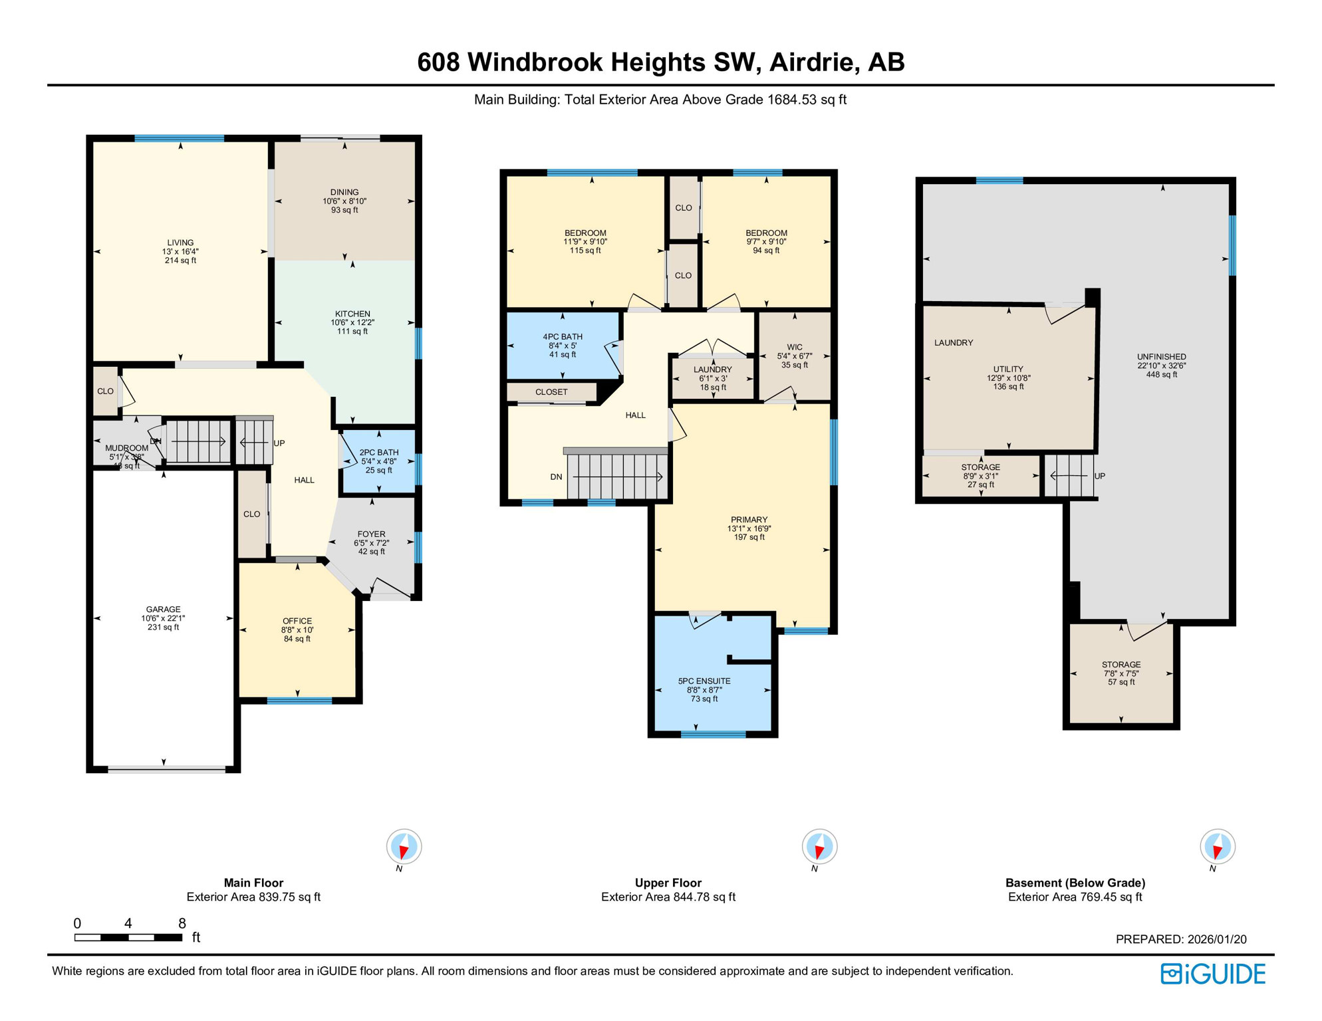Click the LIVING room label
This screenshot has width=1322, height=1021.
click(180, 251)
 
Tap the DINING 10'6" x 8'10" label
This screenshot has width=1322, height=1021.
click(344, 201)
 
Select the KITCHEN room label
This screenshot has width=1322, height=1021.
click(352, 322)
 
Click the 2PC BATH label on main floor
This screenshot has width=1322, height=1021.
click(379, 461)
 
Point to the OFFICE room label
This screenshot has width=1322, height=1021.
click(297, 629)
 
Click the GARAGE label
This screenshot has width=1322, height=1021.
click(163, 618)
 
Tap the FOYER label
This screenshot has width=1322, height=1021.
click(371, 542)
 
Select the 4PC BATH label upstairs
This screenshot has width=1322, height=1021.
click(563, 346)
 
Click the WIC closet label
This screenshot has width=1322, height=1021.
click(795, 356)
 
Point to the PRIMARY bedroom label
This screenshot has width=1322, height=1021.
click(749, 528)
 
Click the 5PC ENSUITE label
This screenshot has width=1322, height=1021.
click(704, 689)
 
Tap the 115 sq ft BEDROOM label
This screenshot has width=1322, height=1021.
click(585, 241)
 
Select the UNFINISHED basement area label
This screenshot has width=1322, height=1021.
click(1161, 365)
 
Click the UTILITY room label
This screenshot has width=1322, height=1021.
click(1008, 378)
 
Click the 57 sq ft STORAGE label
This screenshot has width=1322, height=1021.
click(1121, 673)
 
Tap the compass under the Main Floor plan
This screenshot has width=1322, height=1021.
click(404, 847)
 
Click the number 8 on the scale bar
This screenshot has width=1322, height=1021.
click(182, 923)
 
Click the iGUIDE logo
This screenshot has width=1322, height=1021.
click(1213, 974)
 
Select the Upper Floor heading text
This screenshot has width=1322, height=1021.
click(668, 883)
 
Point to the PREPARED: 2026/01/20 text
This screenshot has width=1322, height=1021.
click(1181, 939)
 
